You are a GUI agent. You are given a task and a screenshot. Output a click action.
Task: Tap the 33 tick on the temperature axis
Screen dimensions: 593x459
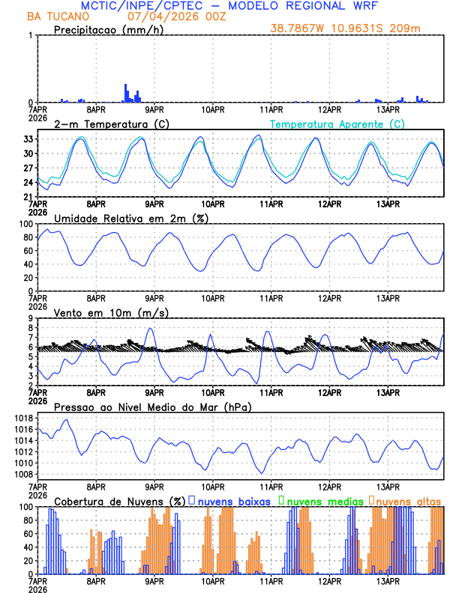tap(27, 139)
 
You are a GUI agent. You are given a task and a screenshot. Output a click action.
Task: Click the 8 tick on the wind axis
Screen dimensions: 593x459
tap(31, 328)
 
